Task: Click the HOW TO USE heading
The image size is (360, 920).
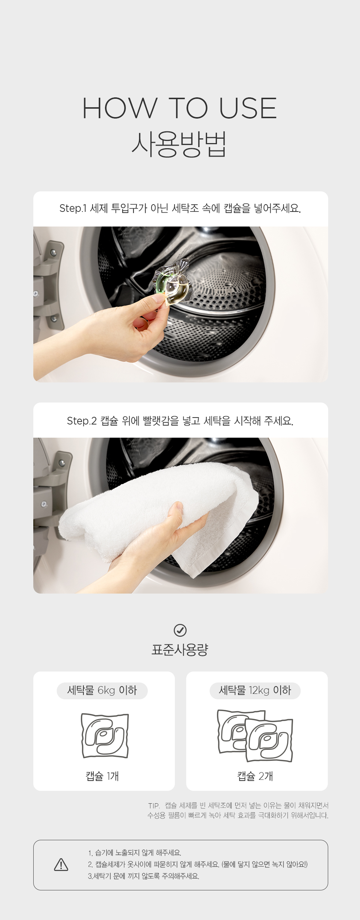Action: click(x=180, y=108)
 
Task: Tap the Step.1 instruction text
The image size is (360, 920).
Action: click(x=180, y=209)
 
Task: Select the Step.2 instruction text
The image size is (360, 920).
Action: click(x=180, y=421)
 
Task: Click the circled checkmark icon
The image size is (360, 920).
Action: click(x=180, y=630)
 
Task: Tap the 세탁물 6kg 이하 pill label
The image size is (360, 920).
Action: click(x=102, y=691)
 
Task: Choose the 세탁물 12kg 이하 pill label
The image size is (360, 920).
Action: click(x=255, y=691)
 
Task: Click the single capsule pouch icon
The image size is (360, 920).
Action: click(x=105, y=736)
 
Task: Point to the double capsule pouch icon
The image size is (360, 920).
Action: click(x=255, y=736)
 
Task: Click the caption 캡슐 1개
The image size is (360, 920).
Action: click(x=102, y=776)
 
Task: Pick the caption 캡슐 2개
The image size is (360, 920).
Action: click(x=255, y=776)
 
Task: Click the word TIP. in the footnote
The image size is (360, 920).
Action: click(x=154, y=806)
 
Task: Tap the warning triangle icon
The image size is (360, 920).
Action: click(x=61, y=864)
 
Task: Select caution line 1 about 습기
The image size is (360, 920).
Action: click(x=135, y=853)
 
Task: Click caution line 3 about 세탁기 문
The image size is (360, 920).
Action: click(x=143, y=876)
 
